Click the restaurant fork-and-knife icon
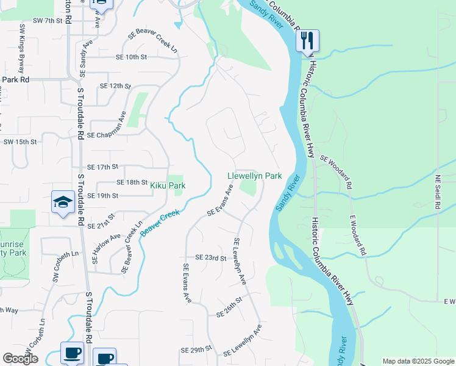tap(307, 41)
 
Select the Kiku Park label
tap(168, 185)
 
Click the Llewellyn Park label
tap(254, 176)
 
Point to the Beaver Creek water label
tap(160, 223)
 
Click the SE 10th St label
tap(132, 57)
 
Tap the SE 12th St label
tap(115, 86)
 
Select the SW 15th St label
tap(20, 142)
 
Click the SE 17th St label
tap(102, 167)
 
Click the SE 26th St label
tap(229, 307)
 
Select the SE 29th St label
tap(196, 351)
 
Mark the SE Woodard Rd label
tap(336, 171)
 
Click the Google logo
tap(20, 359)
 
